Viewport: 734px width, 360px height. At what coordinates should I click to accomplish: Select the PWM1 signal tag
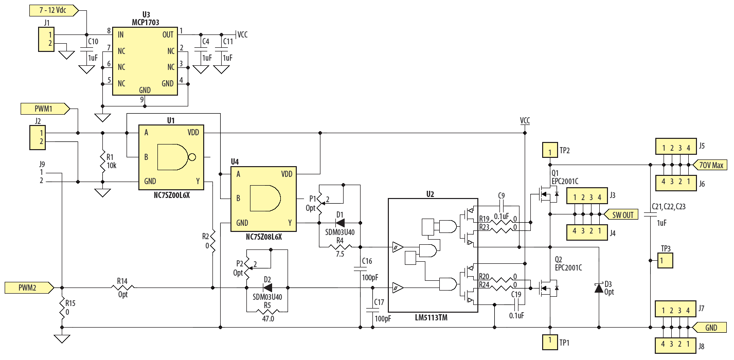coord(44,109)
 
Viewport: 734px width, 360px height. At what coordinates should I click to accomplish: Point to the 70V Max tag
coord(711,165)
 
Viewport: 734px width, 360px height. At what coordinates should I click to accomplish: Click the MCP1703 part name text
coord(145,23)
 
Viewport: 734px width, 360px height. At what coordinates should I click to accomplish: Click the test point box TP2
coord(549,151)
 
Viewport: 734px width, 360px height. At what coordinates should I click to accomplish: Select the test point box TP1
coord(549,341)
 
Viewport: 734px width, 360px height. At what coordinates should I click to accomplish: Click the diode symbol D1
coord(340,223)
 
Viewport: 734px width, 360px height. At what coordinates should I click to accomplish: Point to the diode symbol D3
coord(599,287)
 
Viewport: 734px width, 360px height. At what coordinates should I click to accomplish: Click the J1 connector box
coord(47,40)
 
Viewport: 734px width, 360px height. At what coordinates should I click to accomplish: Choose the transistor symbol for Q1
coord(545,194)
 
